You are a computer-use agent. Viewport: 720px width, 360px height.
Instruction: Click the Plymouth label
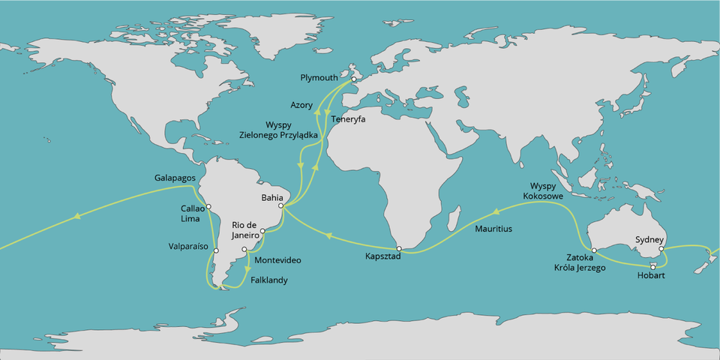(319, 77)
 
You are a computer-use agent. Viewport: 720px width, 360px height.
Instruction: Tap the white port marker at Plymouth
(353, 79)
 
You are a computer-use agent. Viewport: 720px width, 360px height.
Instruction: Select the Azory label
(301, 105)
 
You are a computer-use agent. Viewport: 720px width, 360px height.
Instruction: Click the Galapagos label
(175, 178)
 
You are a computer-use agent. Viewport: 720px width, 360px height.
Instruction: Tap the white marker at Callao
(208, 206)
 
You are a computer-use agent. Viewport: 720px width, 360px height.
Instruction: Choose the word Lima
(190, 218)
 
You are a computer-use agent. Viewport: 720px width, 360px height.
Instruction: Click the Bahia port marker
(280, 205)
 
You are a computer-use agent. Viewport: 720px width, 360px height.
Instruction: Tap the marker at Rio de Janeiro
(262, 231)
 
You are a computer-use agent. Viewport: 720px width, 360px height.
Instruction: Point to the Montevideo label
(278, 260)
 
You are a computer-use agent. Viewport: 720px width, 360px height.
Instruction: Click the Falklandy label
(269, 280)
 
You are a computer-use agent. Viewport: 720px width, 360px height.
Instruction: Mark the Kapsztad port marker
(400, 248)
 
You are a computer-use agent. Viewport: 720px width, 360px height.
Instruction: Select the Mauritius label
(493, 228)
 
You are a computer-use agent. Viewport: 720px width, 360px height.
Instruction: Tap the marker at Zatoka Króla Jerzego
(593, 250)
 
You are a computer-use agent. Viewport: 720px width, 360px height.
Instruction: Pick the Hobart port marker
(653, 267)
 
